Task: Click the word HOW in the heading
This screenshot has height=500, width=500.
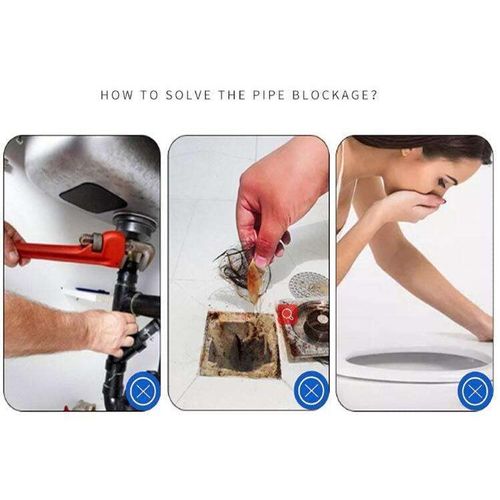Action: pyautogui.click(x=118, y=96)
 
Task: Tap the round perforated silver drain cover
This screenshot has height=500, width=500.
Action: pyautogui.click(x=308, y=285)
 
